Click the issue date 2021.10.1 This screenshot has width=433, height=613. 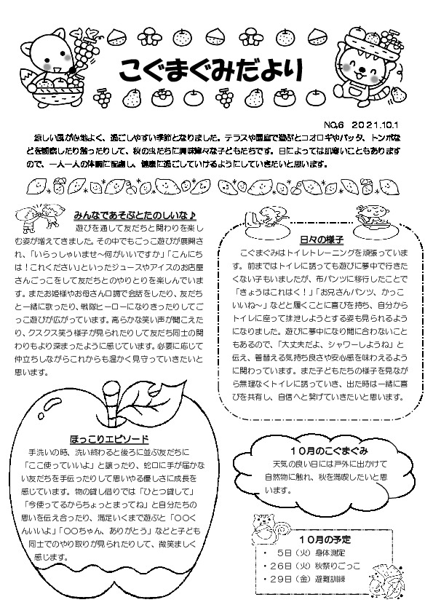(380, 124)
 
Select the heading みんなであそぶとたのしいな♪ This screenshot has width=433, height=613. (135, 215)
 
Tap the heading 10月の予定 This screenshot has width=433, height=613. (325, 539)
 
